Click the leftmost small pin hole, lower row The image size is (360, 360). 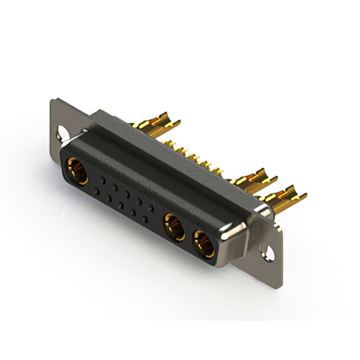click(97, 192)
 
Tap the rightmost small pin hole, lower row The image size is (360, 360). click(146, 219)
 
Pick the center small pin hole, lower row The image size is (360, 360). click(121, 205)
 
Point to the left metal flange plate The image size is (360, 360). click(56, 115)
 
